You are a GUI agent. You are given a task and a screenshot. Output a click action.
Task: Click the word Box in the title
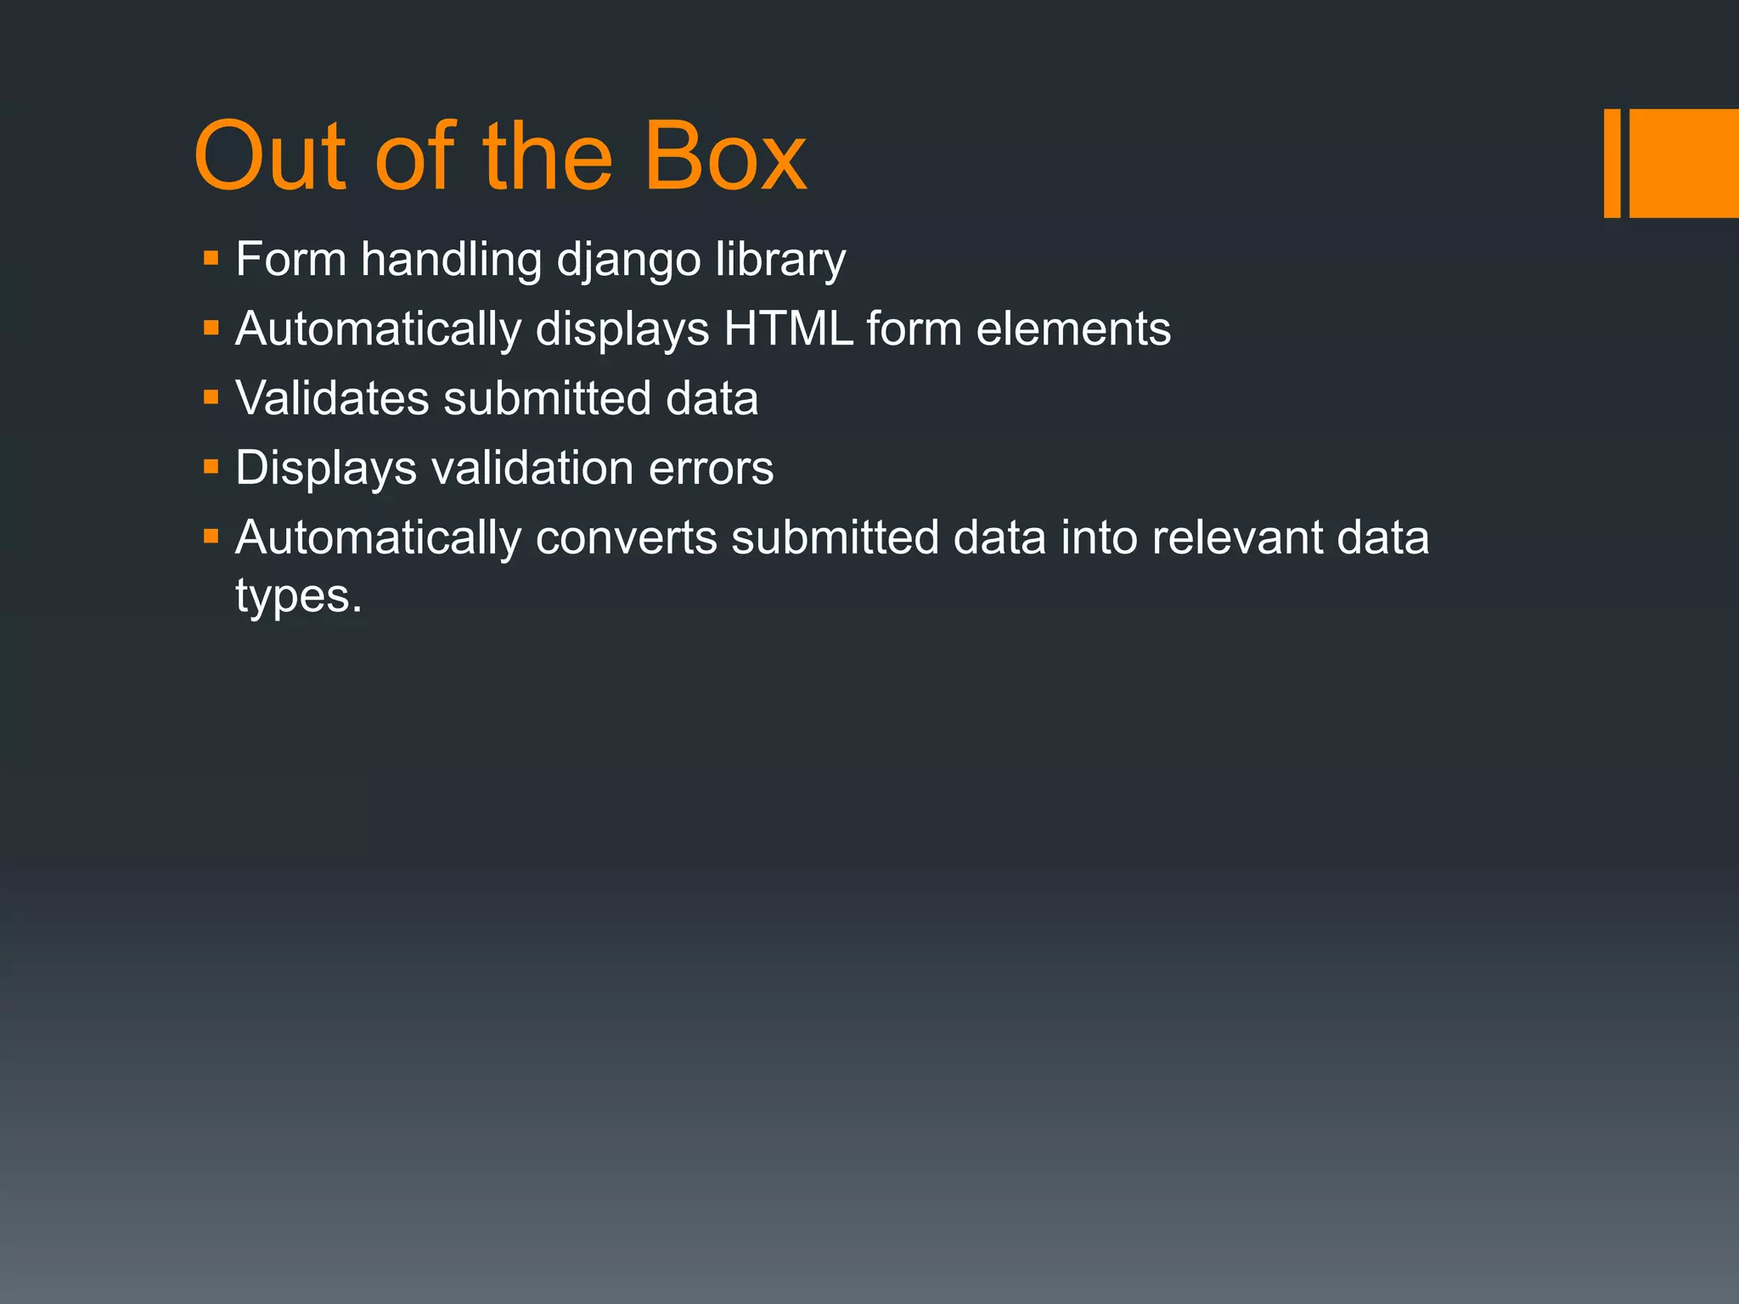pos(724,157)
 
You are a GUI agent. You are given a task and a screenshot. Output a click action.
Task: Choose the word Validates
pos(332,398)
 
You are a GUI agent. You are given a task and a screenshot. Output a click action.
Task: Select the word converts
pos(626,537)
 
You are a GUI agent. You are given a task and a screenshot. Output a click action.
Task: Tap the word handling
pos(451,260)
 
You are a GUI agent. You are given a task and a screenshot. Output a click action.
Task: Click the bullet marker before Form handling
pos(211,258)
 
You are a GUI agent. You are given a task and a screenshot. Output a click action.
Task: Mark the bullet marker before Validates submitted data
pos(211,397)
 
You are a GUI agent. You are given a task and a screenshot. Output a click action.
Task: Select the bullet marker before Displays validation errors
pos(211,467)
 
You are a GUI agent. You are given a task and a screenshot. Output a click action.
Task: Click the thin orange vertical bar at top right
pos(1612,163)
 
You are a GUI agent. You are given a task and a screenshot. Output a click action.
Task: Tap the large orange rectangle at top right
pos(1684,163)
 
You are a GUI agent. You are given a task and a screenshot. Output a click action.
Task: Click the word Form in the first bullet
pos(291,260)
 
